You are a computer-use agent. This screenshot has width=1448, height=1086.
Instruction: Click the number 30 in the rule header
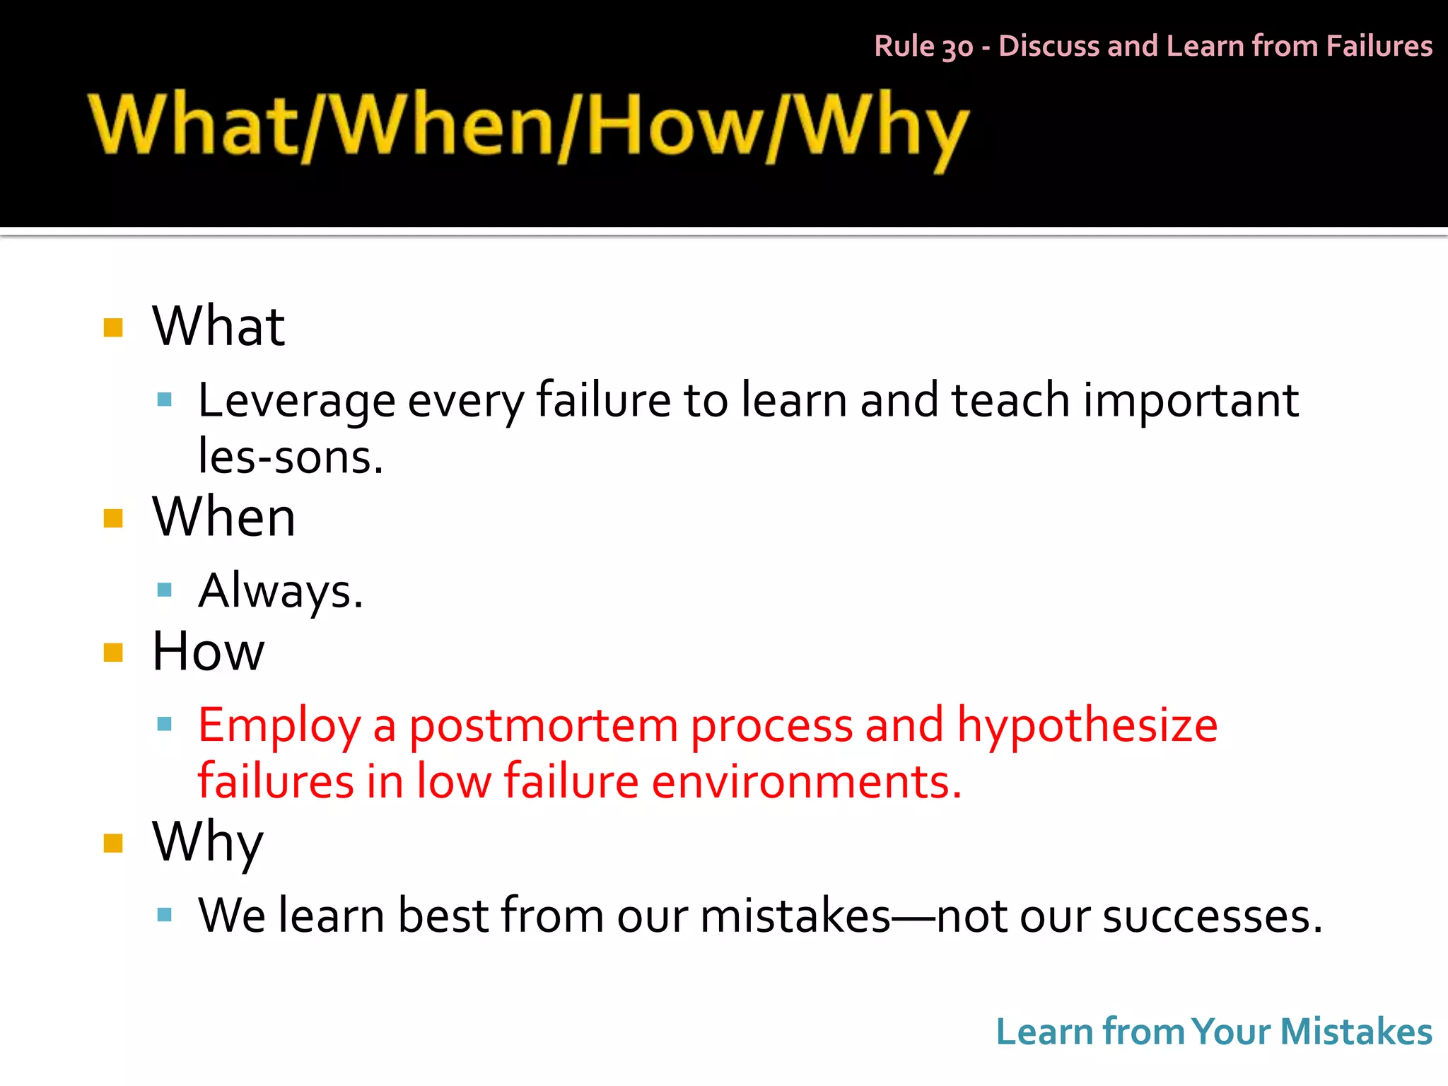click(x=957, y=47)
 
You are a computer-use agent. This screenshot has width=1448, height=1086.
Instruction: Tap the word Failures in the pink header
click(x=1379, y=46)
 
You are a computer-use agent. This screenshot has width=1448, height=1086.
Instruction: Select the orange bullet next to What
click(x=113, y=327)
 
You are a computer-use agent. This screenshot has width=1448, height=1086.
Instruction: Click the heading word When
click(x=223, y=517)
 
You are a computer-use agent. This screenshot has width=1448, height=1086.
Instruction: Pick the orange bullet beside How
click(x=113, y=652)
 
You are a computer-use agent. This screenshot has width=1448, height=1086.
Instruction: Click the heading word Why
click(x=207, y=842)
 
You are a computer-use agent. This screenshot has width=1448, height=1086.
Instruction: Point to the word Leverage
click(x=296, y=401)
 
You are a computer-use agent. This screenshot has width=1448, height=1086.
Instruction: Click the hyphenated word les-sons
click(x=290, y=457)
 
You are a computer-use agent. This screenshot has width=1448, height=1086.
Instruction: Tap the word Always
click(x=280, y=591)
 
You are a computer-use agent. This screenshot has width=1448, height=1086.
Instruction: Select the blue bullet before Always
click(x=165, y=590)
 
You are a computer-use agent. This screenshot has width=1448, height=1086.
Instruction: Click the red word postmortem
click(x=543, y=725)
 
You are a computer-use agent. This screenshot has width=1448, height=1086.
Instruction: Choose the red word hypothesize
click(x=1087, y=725)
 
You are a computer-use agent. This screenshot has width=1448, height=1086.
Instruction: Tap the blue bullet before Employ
click(x=165, y=724)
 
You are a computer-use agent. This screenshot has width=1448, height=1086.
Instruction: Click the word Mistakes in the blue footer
click(x=1355, y=1032)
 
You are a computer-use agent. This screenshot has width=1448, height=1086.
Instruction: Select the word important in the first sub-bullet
click(x=1191, y=401)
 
